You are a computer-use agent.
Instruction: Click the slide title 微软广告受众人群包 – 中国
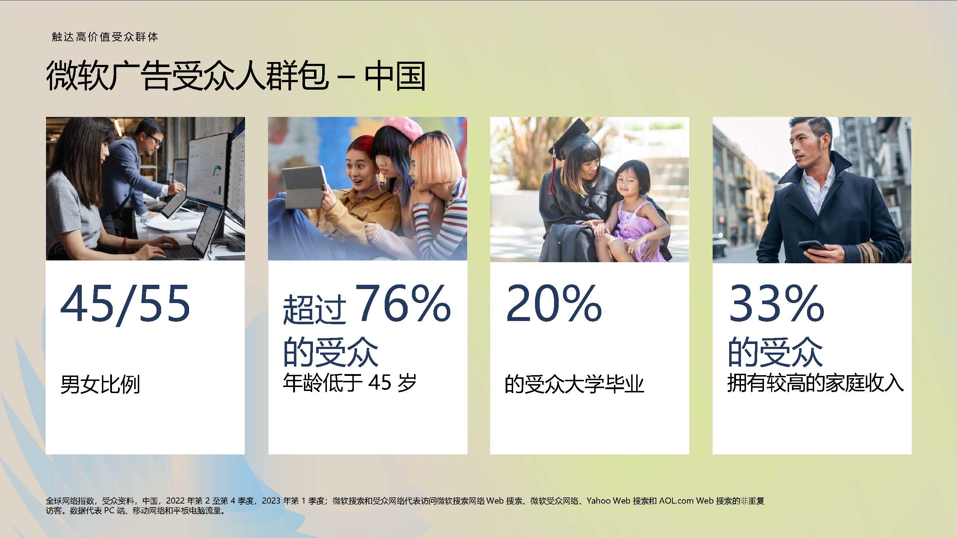[x=235, y=76]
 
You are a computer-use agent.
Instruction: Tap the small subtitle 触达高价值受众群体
[x=105, y=37]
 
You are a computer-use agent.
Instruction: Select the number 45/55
[x=125, y=304]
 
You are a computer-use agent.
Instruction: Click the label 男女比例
[x=100, y=384]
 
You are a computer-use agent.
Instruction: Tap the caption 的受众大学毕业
[x=574, y=384]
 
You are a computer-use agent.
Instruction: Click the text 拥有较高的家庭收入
[x=816, y=382]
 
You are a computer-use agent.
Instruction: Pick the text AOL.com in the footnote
[x=676, y=500]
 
